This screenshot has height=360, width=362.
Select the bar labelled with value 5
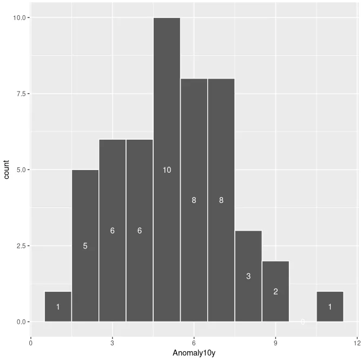point(85,217)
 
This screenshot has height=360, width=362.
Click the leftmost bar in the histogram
point(58,307)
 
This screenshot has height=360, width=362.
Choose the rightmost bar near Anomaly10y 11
point(330,307)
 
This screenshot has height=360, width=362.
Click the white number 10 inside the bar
point(167,170)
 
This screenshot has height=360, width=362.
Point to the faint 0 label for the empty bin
point(302,322)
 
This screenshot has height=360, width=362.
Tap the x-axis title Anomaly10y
point(194,354)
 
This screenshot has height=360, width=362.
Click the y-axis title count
point(7,169)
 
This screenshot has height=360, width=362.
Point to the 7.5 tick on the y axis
point(19,94)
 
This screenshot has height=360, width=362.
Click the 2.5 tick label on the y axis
point(19,246)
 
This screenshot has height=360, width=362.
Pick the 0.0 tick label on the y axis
point(19,322)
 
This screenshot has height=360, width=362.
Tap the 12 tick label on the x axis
point(357,342)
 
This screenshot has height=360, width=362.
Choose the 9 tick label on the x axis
point(275,342)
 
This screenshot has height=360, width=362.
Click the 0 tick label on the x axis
point(31,342)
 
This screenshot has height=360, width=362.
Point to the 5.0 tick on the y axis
point(19,170)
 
